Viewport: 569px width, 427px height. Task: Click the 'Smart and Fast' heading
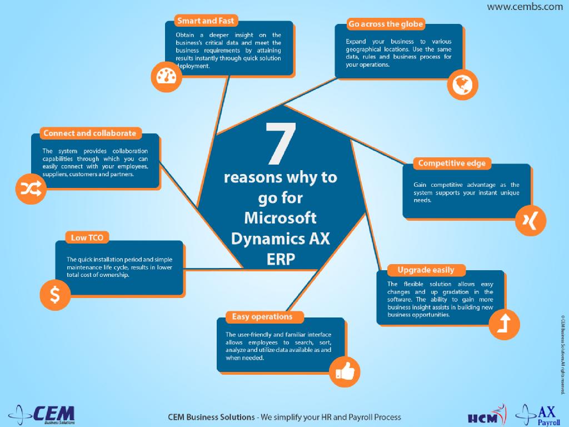pyautogui.click(x=205, y=21)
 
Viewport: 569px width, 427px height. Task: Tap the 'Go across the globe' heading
pyautogui.click(x=386, y=24)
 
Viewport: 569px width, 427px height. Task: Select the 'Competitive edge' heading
pyautogui.click(x=451, y=163)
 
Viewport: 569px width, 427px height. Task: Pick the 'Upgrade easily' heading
pyautogui.click(x=426, y=270)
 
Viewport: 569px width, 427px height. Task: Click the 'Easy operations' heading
pyautogui.click(x=262, y=317)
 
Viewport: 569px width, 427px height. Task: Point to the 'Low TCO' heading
pyautogui.click(x=87, y=238)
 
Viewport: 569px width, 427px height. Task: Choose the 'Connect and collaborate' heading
pyautogui.click(x=89, y=133)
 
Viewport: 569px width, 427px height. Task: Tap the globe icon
pyautogui.click(x=462, y=85)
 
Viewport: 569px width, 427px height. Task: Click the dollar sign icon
pyautogui.click(x=56, y=295)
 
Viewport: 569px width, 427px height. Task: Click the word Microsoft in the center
pyautogui.click(x=280, y=217)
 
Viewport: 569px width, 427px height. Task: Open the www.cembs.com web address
pyautogui.click(x=525, y=7)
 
